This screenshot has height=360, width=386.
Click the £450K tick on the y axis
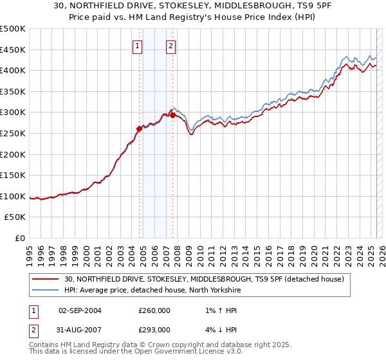tap(13, 50)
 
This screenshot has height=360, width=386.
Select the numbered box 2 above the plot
tap(171, 46)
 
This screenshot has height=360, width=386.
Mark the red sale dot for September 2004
tap(139, 129)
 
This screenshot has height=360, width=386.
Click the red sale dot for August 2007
tap(172, 115)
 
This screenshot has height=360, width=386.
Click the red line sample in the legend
tap(45, 280)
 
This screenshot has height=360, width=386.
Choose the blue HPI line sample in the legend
tap(45, 290)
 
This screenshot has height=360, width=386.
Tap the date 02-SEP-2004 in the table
tap(80, 310)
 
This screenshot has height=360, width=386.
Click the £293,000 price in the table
tap(154, 330)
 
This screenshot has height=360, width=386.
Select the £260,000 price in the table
tap(154, 310)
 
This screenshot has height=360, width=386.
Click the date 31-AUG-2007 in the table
tap(80, 330)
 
